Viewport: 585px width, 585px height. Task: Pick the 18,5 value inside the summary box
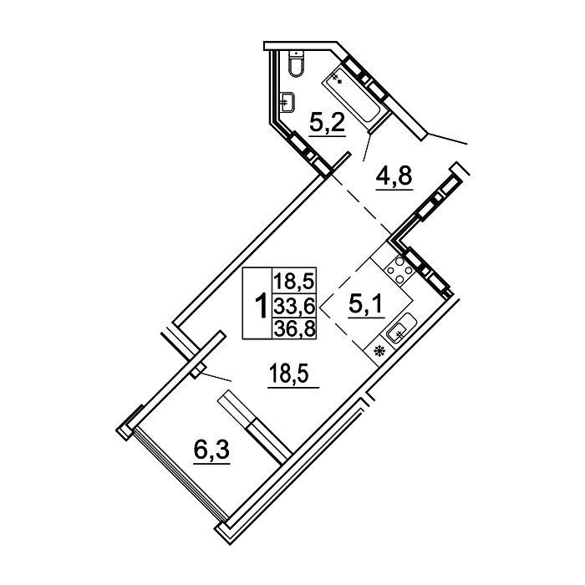point(289,281)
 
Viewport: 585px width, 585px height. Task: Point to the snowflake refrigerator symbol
point(380,350)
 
